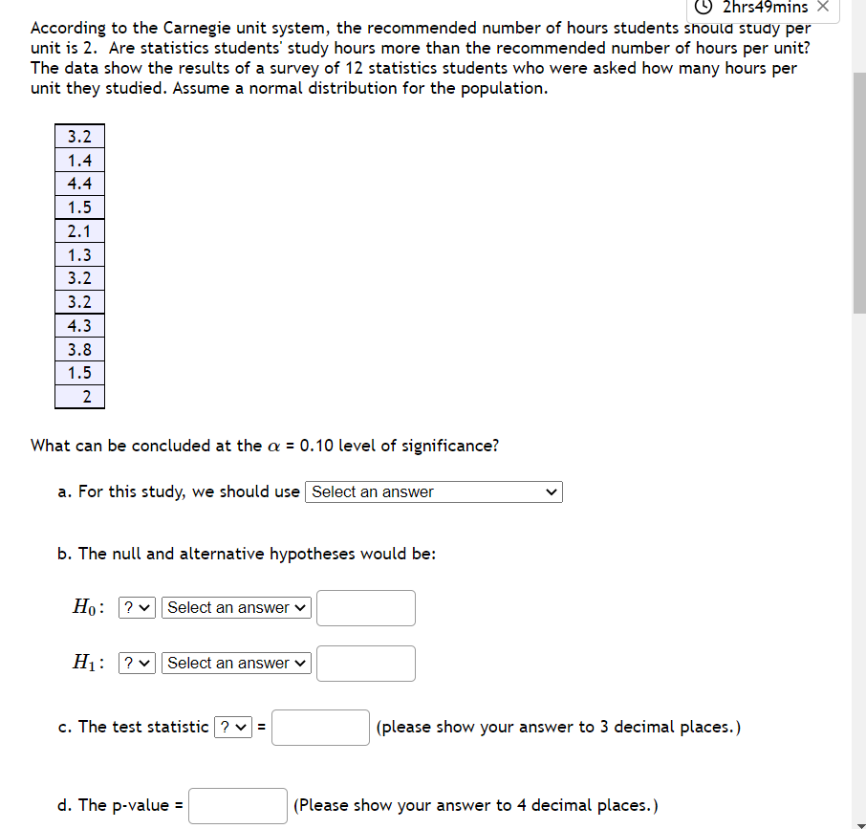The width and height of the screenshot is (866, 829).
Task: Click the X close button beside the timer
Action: point(826,8)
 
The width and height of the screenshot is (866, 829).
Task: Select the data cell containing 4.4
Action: point(80,184)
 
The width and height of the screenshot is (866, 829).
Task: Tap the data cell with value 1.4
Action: point(80,160)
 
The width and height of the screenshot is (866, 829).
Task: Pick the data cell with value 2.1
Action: point(80,230)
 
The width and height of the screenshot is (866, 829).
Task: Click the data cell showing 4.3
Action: point(80,325)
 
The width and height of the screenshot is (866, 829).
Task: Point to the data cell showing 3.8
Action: point(80,349)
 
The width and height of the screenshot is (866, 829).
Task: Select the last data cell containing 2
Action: point(80,396)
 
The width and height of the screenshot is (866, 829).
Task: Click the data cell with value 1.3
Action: point(80,254)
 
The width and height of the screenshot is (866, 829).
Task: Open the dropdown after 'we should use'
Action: point(434,491)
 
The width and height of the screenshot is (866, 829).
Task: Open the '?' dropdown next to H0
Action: point(137,607)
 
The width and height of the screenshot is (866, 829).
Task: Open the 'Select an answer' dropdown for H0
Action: point(237,607)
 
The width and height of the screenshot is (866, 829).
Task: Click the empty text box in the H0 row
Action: point(365,607)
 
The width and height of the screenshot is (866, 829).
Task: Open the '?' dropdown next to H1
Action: point(137,663)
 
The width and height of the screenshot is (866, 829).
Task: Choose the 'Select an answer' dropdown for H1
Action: point(237,663)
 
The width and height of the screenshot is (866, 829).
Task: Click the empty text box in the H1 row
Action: point(365,663)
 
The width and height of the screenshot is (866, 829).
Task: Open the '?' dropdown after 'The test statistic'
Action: point(233,727)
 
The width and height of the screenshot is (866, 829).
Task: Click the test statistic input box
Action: point(320,727)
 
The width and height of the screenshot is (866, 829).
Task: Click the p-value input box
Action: point(238,805)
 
